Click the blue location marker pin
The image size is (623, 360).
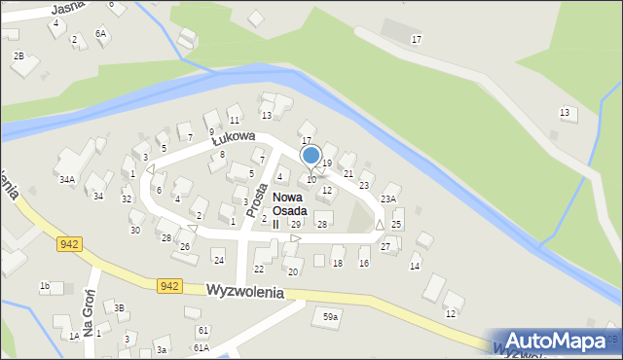311,157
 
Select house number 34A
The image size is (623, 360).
67,179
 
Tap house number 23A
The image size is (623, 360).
388,198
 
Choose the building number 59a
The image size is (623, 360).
331,317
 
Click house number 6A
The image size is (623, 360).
100,33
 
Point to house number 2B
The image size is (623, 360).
18,55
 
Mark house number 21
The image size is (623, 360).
348,173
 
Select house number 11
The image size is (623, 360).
234,120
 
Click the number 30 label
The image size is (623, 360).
135,230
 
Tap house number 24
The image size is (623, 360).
219,260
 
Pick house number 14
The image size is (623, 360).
415,266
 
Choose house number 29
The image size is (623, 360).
296,225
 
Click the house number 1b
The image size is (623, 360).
45,285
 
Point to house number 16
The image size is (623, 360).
364,263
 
